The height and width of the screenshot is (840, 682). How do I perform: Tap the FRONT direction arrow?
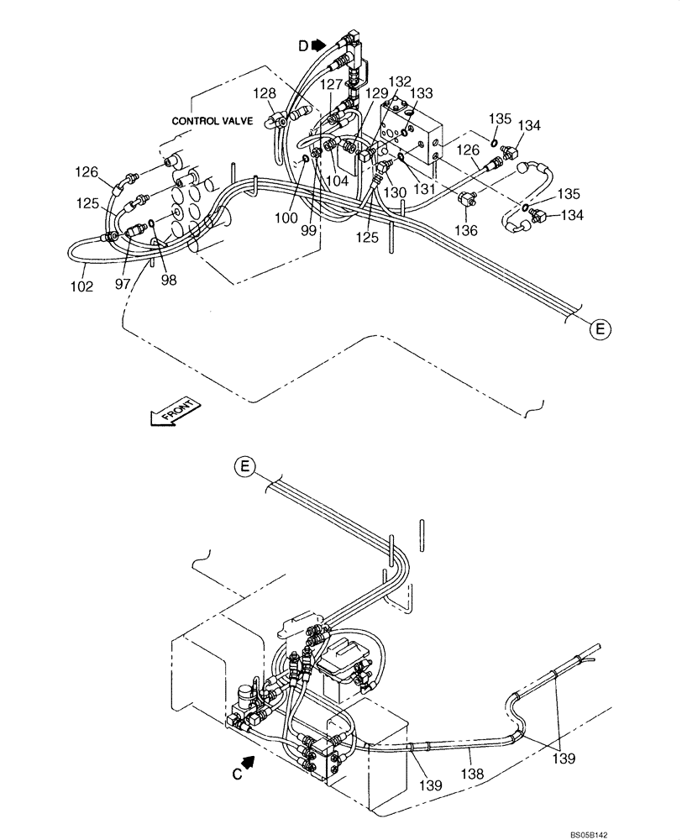(x=174, y=412)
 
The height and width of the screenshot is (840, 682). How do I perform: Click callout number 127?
(x=331, y=84)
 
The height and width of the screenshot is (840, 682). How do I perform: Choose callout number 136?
(x=466, y=230)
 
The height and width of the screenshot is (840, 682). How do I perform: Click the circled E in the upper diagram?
(x=600, y=329)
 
